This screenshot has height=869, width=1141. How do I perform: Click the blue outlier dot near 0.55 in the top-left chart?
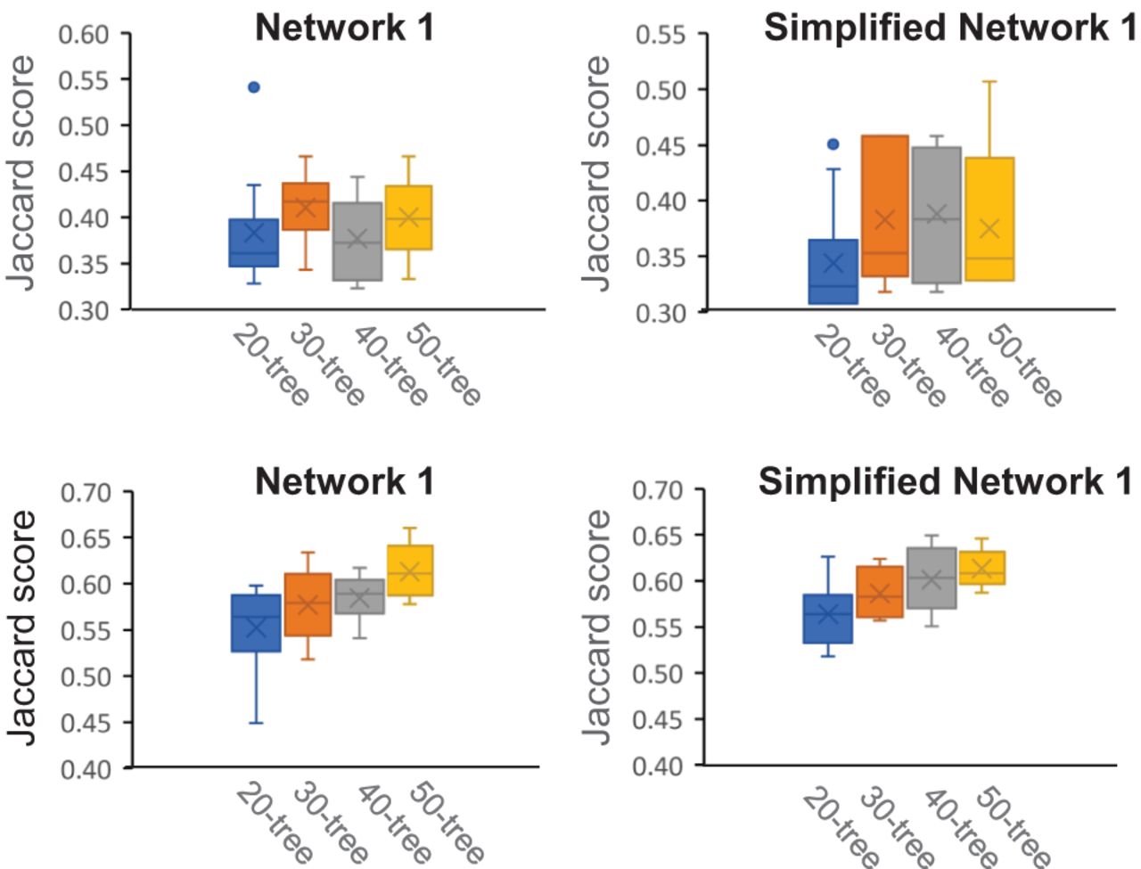point(254,87)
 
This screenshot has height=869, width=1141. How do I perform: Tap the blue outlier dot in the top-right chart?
point(833,143)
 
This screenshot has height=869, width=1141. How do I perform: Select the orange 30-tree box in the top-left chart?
point(306,206)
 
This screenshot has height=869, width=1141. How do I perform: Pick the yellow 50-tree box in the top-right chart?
point(989,219)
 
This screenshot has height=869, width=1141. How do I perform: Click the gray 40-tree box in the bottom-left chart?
point(360,595)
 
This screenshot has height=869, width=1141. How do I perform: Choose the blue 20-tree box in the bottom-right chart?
point(828,619)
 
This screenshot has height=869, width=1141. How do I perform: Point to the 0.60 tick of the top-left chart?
point(84,35)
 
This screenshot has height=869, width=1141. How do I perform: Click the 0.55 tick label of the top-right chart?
point(661,35)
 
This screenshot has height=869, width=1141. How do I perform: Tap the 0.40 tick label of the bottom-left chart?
point(86,768)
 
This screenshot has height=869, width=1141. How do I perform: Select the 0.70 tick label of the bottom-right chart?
point(658,490)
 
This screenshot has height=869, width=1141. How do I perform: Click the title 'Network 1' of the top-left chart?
point(344,28)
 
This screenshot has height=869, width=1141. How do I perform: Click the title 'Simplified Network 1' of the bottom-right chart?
point(945,481)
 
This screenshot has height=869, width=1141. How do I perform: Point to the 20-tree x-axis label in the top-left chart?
point(270,365)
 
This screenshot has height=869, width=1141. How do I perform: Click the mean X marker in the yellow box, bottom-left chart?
point(410,571)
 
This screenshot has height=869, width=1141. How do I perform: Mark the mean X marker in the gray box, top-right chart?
point(936,214)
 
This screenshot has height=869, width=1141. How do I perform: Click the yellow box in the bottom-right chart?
point(982,568)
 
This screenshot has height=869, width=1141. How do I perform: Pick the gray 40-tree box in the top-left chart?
point(357,242)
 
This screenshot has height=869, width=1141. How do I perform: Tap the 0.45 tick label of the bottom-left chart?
point(86,722)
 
